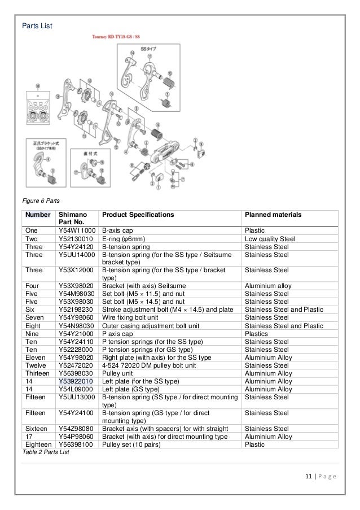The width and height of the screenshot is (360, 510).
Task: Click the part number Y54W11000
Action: point(77,231)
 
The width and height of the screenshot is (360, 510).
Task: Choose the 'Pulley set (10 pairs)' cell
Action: point(130,444)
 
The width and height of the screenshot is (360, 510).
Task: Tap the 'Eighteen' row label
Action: point(39,444)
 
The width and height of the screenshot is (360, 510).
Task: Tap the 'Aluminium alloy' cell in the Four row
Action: point(267,286)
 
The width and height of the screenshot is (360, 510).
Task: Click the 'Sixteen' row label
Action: point(36,429)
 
